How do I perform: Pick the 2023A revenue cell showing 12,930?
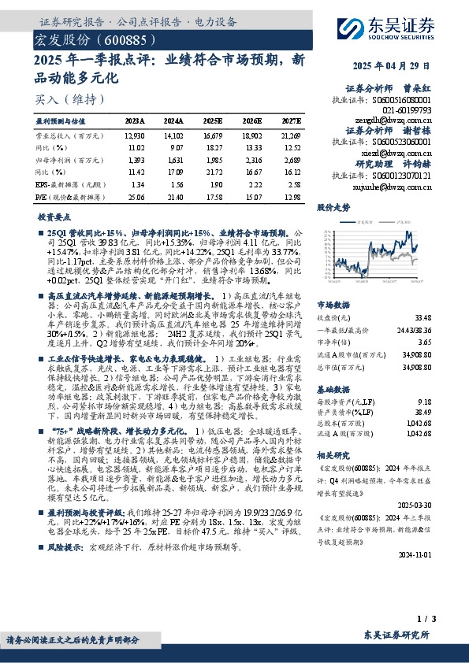[x=136, y=136]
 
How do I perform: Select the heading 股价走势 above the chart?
[x=333, y=208]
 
